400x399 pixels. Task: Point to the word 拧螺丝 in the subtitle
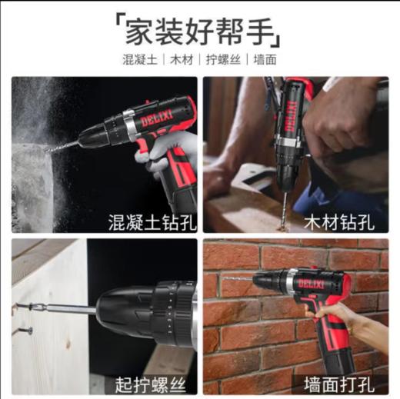pos(222,59)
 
